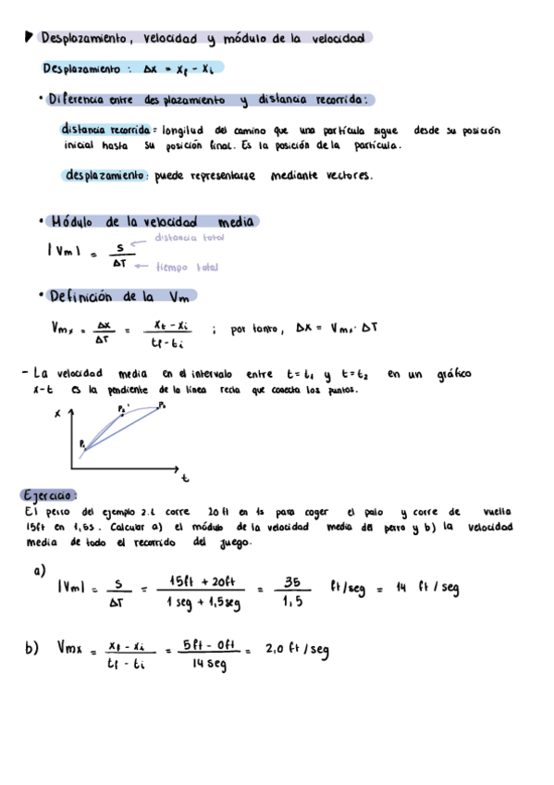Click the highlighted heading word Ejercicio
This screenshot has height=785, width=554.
point(48,493)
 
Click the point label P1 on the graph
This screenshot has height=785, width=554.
point(83,445)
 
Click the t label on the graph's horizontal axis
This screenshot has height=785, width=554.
point(185,479)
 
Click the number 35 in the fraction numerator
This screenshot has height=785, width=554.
point(292,582)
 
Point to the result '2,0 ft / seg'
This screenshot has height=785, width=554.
point(296,649)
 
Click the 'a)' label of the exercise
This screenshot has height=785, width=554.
point(39,571)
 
